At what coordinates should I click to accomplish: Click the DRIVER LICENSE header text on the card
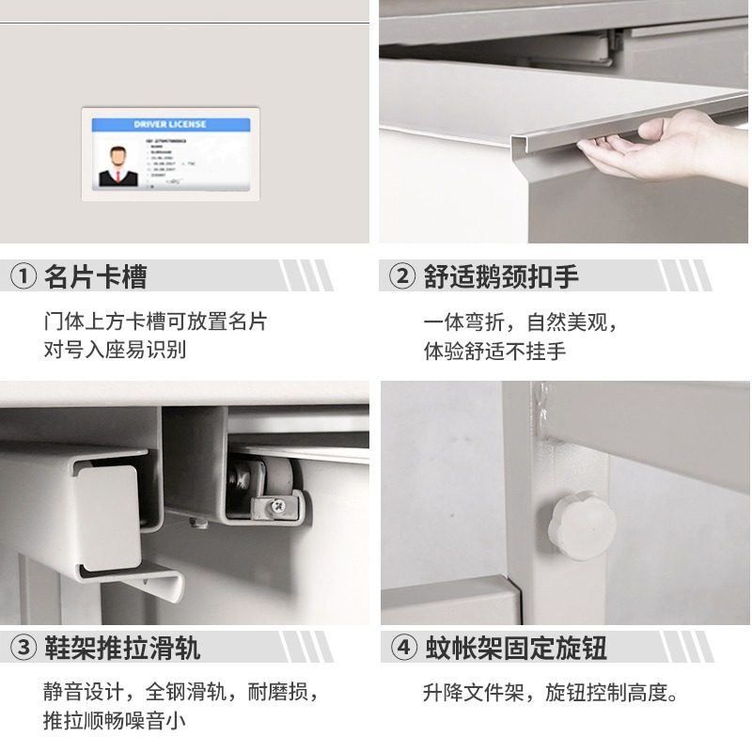tap(169, 124)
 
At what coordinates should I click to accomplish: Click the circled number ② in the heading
tap(402, 277)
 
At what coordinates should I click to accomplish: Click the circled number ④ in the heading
tap(402, 648)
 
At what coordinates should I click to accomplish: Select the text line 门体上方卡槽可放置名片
tap(155, 321)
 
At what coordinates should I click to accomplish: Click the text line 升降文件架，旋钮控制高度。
tap(551, 694)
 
